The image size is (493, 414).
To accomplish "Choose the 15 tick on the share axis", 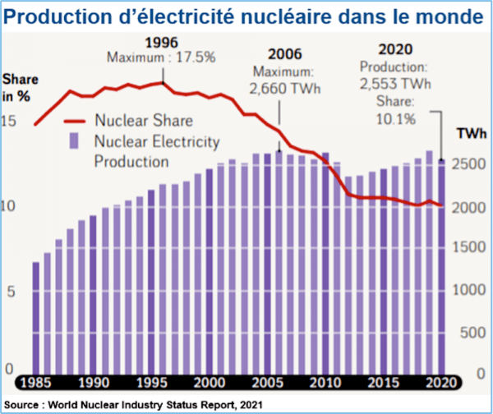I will [x=10, y=122].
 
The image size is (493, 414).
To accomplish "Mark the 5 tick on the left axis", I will [x=10, y=289].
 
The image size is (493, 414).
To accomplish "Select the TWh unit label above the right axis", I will [x=471, y=133].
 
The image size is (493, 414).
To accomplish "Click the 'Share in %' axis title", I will [x=18, y=87].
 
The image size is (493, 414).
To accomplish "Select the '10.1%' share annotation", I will [x=397, y=118].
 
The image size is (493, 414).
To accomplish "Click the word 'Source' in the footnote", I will [x=25, y=402].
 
